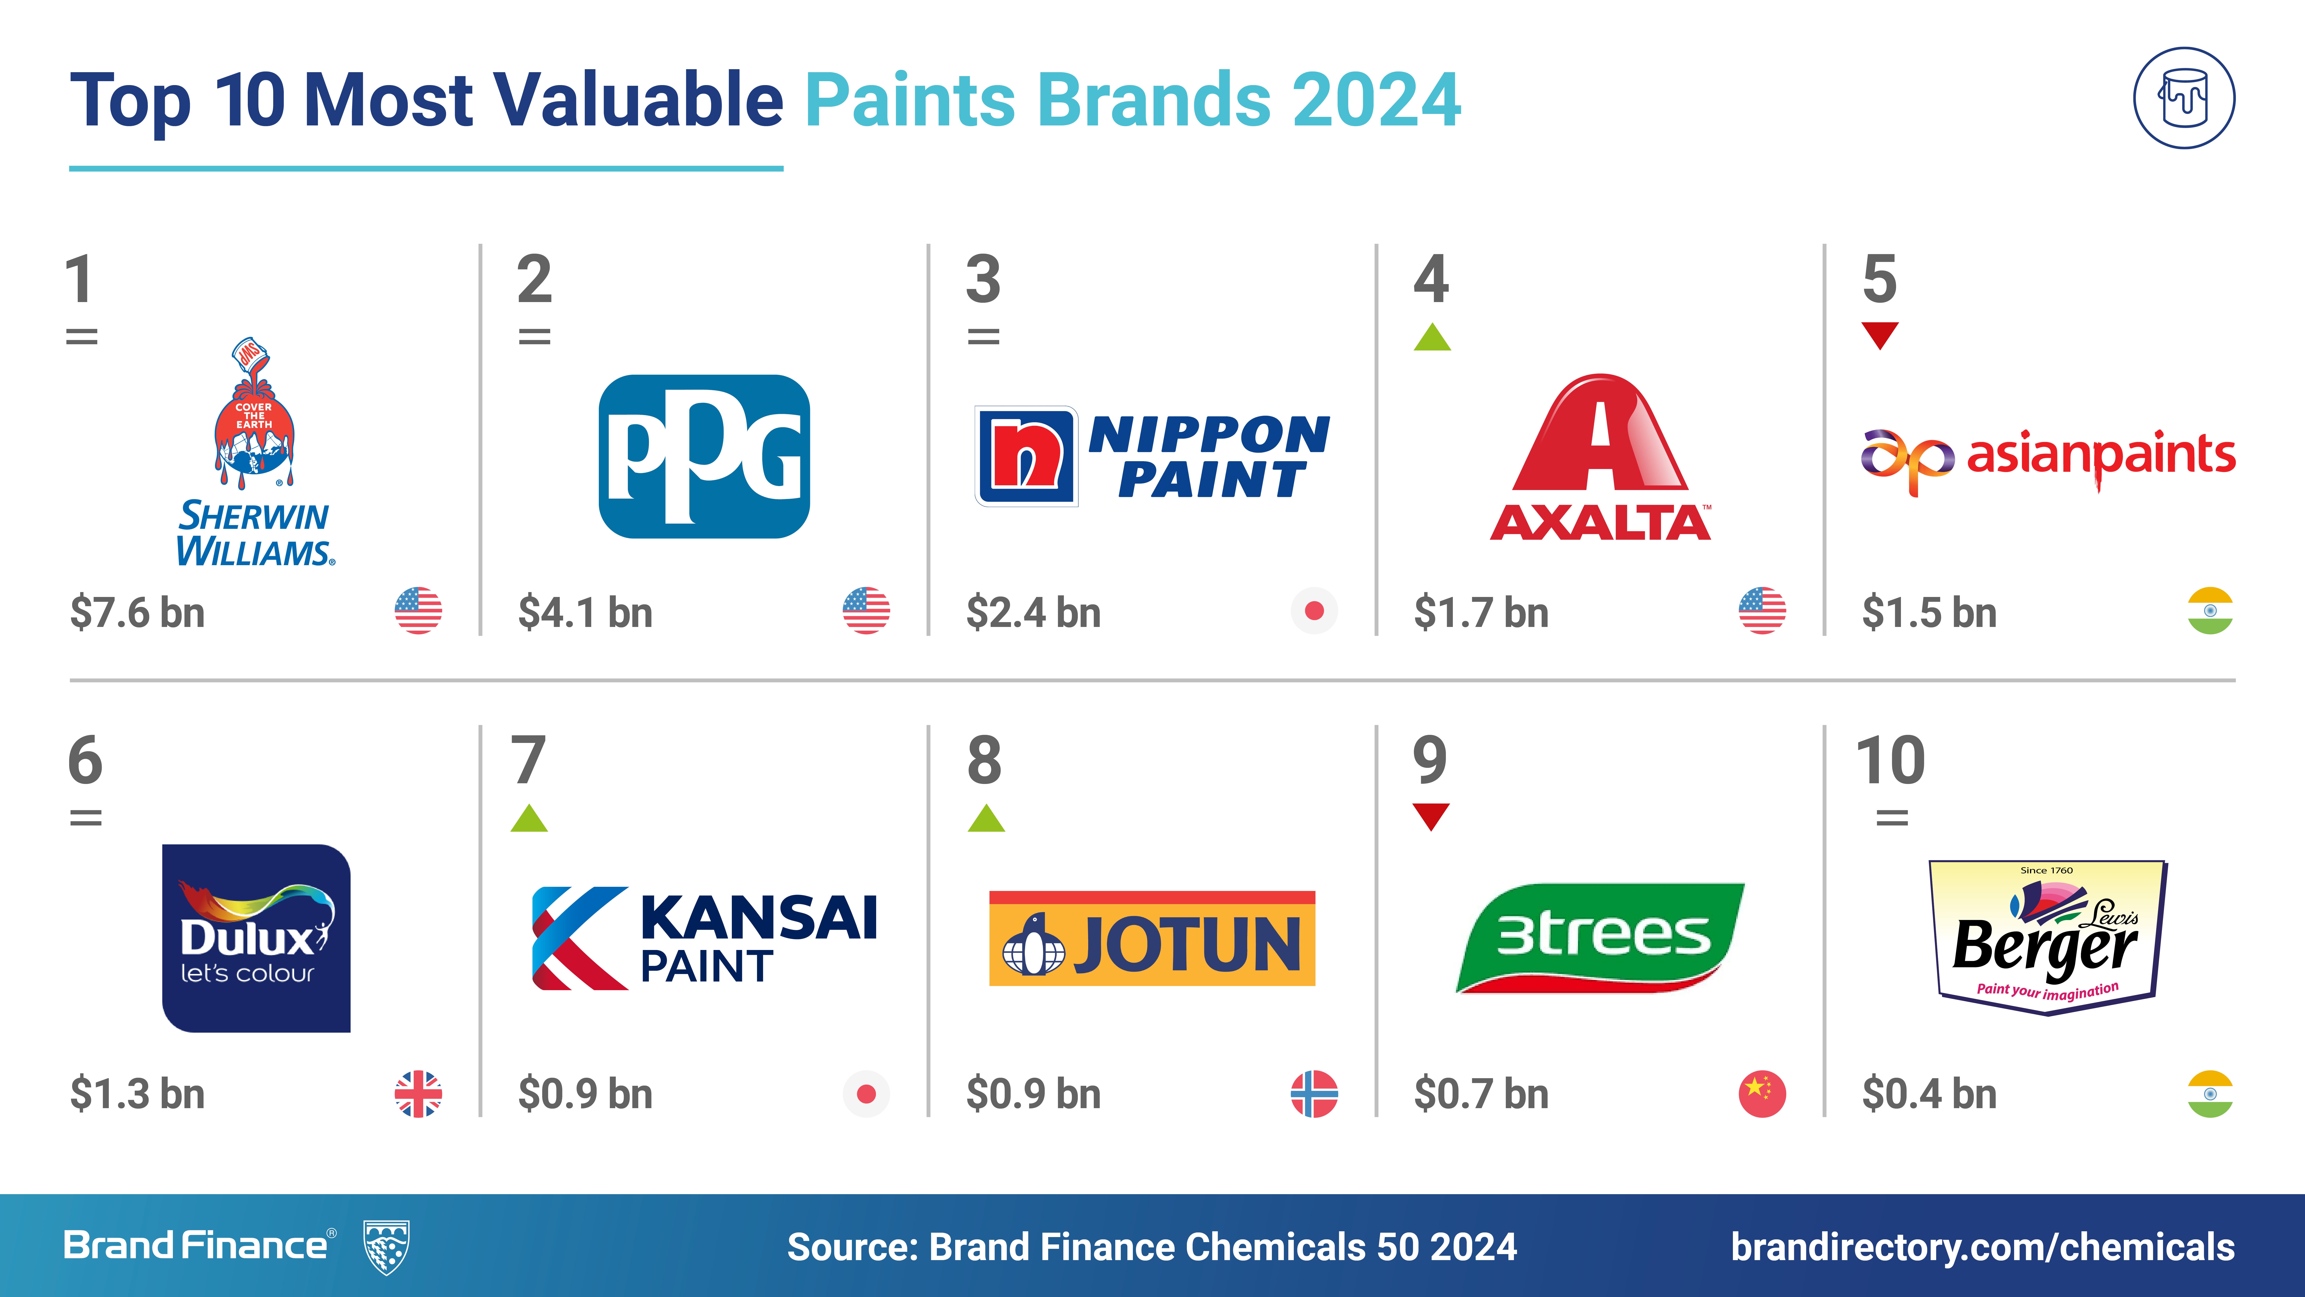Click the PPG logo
click(x=704, y=457)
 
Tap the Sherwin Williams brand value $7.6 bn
click(x=138, y=613)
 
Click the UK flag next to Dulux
click(x=419, y=1094)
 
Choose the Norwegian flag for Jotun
click(x=1315, y=1094)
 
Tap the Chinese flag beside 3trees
click(x=1763, y=1094)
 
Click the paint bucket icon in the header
click(x=2184, y=98)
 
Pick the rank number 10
click(x=1891, y=760)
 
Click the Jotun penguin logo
click(x=1034, y=944)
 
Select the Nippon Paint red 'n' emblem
click(x=1026, y=457)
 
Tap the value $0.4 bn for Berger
click(x=1929, y=1094)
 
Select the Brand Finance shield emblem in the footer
click(x=387, y=1246)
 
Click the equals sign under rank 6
click(x=86, y=817)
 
